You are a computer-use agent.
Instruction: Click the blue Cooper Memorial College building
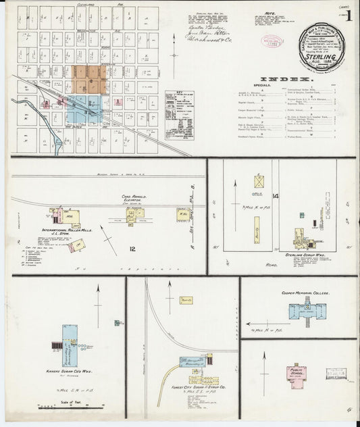307,311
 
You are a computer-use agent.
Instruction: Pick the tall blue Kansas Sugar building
70,344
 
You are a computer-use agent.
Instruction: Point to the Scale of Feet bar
49,407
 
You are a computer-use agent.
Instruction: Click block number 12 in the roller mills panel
133,249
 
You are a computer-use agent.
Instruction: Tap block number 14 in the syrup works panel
275,196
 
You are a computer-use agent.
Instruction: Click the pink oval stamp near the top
272,41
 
